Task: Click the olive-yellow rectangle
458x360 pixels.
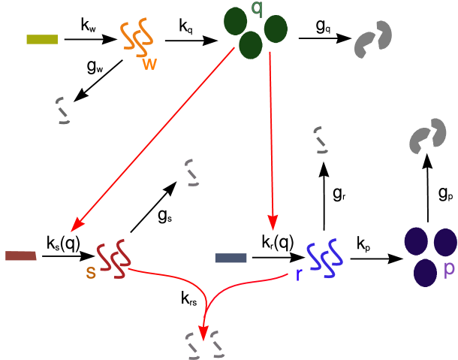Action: (42, 39)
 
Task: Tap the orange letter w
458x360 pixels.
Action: (150, 64)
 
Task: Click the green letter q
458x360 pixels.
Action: (257, 9)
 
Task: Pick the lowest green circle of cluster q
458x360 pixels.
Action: (251, 46)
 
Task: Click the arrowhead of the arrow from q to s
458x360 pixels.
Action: (76, 227)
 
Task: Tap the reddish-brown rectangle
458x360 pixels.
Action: (20, 256)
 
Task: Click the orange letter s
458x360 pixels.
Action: (91, 273)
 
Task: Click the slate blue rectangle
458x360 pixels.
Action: (231, 258)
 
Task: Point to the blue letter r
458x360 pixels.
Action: (298, 275)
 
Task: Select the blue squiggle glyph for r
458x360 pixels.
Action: (324, 259)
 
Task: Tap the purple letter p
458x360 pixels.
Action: (449, 270)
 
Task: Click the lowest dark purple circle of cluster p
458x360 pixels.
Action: (426, 272)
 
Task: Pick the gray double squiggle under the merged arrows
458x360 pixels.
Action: (206, 345)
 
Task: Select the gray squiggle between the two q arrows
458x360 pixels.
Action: (192, 172)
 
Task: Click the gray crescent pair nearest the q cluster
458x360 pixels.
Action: (373, 40)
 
